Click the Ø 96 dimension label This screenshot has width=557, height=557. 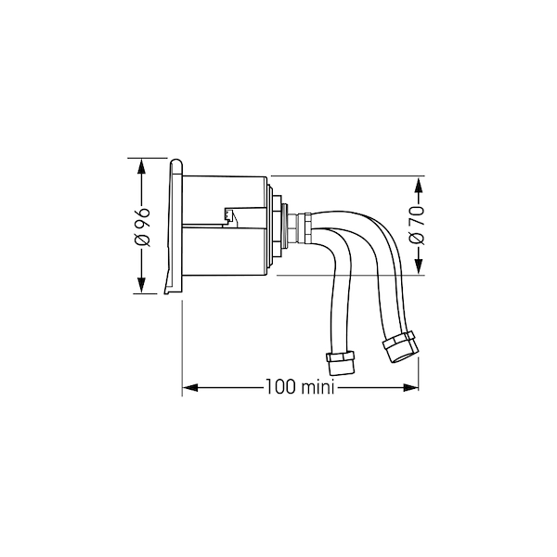(x=142, y=227)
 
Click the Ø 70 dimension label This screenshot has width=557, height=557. (x=417, y=226)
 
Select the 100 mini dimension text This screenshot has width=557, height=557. (x=300, y=387)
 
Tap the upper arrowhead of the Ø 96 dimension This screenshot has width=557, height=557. (x=141, y=166)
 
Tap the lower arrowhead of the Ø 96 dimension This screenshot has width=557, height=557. (x=141, y=286)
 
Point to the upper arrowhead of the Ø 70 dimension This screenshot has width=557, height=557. (x=419, y=185)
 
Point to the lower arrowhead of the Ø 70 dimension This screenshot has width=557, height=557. (x=419, y=266)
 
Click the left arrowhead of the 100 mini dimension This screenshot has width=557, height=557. (x=190, y=387)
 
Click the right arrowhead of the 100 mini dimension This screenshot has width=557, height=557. (x=410, y=387)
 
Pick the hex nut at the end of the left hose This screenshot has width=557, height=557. (x=341, y=363)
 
